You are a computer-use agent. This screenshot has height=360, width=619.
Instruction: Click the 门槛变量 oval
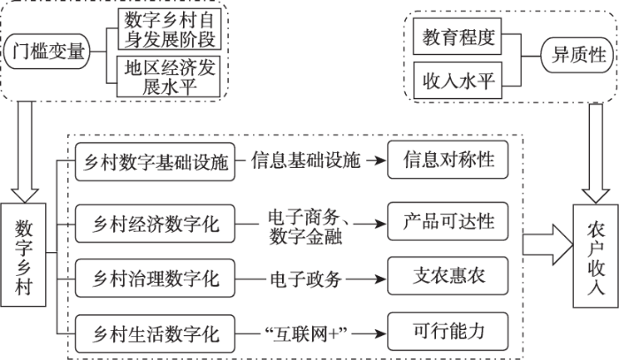click(x=47, y=51)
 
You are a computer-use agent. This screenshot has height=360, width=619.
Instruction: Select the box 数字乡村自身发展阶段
click(x=170, y=29)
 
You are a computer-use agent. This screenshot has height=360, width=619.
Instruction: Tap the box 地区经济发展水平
click(x=169, y=77)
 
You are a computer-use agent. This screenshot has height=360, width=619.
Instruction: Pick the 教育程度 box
click(x=457, y=36)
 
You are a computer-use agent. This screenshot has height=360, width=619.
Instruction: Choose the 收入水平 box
click(x=457, y=80)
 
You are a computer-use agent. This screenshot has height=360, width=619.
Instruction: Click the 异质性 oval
click(x=577, y=55)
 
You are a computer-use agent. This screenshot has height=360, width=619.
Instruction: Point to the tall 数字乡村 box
click(x=23, y=255)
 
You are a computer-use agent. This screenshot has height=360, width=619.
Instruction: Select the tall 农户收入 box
click(x=595, y=256)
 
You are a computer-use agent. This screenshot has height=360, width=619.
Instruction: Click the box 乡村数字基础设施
click(x=155, y=162)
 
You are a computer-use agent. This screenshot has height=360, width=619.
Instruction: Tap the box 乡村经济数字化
click(x=155, y=224)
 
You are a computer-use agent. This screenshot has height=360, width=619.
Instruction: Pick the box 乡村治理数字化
click(x=155, y=279)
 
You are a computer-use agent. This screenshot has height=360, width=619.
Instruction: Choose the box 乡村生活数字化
click(x=155, y=333)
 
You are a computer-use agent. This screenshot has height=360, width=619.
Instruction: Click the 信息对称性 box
click(x=447, y=159)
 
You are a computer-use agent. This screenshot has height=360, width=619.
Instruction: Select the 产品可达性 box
click(x=447, y=221)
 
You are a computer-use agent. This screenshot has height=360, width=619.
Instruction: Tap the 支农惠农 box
click(x=447, y=276)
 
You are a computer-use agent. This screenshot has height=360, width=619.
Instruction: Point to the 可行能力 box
click(x=447, y=331)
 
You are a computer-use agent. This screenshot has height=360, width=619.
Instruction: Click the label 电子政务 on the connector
click(x=306, y=280)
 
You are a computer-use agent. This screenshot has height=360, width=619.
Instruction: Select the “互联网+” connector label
click(x=306, y=334)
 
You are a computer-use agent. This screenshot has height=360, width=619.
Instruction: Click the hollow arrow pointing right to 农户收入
click(x=547, y=245)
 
